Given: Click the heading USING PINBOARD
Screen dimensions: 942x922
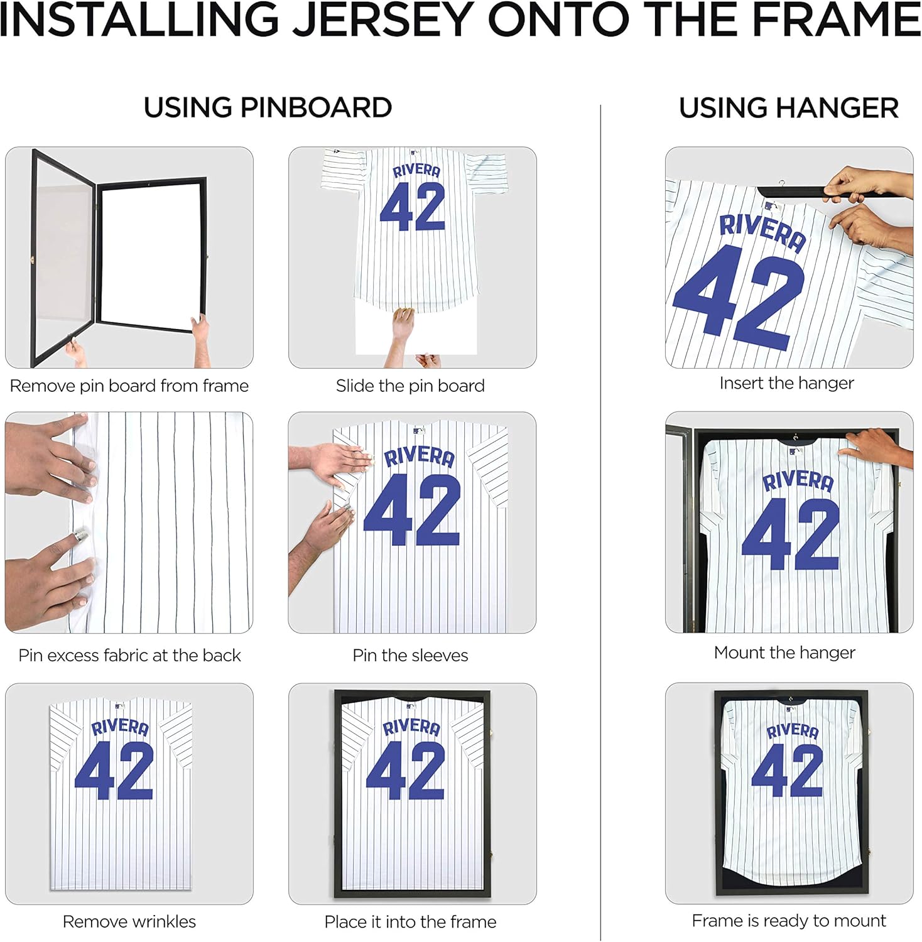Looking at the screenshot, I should click(268, 108).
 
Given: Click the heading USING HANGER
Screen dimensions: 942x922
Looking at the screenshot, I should click(788, 108).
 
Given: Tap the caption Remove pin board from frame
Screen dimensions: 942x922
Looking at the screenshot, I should click(129, 386).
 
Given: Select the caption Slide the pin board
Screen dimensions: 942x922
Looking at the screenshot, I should click(410, 386).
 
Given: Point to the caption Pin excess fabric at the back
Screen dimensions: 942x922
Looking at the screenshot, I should click(129, 655).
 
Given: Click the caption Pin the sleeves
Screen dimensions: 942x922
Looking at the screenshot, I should click(410, 655).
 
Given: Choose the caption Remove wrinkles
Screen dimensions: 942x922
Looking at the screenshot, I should click(129, 921).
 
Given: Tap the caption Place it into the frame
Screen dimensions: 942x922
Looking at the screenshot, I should click(410, 921).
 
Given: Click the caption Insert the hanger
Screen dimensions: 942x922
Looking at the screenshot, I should click(786, 383).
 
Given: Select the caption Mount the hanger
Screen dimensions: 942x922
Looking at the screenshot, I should click(784, 652).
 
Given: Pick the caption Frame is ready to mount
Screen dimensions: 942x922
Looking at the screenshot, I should click(789, 921).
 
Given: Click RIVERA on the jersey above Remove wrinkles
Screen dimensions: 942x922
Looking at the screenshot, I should click(120, 727).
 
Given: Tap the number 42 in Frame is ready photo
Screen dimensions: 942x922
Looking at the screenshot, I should click(788, 771).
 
